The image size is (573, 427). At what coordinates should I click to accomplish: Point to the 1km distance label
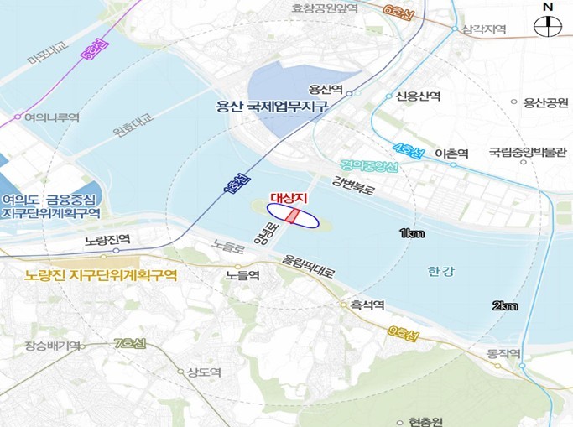pyautogui.click(x=411, y=232)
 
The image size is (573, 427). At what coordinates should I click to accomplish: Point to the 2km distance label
pyautogui.click(x=505, y=306)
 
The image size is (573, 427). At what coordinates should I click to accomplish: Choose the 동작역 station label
pyautogui.click(x=503, y=353)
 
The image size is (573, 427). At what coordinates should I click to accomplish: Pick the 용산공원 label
pyautogui.click(x=545, y=102)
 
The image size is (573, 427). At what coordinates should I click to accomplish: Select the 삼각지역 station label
pyautogui.click(x=484, y=29)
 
